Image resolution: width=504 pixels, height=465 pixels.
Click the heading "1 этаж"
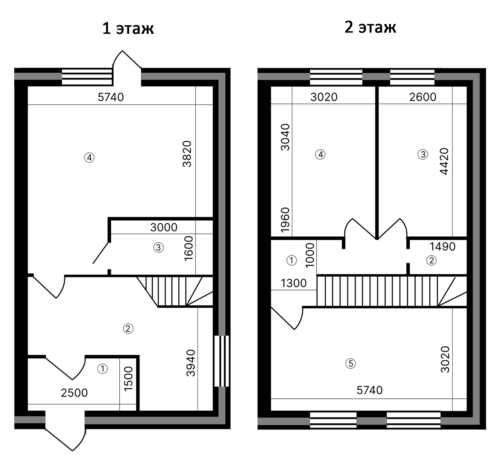click(128, 28)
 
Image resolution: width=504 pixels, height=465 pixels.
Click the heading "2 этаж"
click(370, 27)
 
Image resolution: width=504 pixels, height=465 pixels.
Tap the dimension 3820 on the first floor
click(187, 154)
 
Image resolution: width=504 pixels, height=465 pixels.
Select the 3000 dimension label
click(164, 227)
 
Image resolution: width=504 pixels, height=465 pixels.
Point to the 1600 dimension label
click(189, 248)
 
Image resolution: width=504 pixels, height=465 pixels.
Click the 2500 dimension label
click(74, 393)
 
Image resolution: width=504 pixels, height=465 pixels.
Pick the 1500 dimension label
click(128, 379)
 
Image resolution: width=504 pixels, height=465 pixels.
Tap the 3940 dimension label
click(191, 363)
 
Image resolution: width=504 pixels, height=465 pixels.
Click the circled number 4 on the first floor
click(89, 158)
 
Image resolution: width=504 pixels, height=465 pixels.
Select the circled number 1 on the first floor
click(103, 369)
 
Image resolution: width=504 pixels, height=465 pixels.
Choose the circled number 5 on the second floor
click(351, 363)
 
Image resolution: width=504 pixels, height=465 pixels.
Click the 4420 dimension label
click(444, 161)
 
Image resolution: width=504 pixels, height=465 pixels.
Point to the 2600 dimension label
click(423, 97)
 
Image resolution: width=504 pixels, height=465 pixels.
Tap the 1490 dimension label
click(443, 247)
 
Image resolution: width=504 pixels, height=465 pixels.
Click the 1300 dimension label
click(294, 283)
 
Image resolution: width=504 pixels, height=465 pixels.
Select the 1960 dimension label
click(285, 220)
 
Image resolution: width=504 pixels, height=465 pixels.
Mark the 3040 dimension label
click(285, 137)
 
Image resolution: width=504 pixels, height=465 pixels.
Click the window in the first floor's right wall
click(222, 361)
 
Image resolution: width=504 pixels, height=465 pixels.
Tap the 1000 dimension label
click(310, 255)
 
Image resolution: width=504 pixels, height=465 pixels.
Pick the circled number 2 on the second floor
click(431, 260)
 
